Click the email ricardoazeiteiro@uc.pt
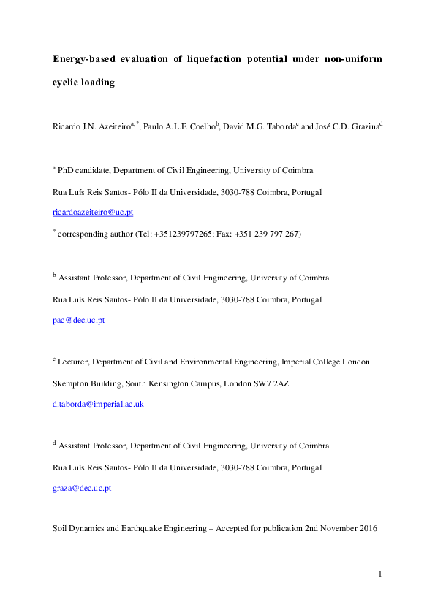pos(93,213)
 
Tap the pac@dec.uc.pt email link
pos(79,321)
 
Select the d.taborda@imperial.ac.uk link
pos(99,404)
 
